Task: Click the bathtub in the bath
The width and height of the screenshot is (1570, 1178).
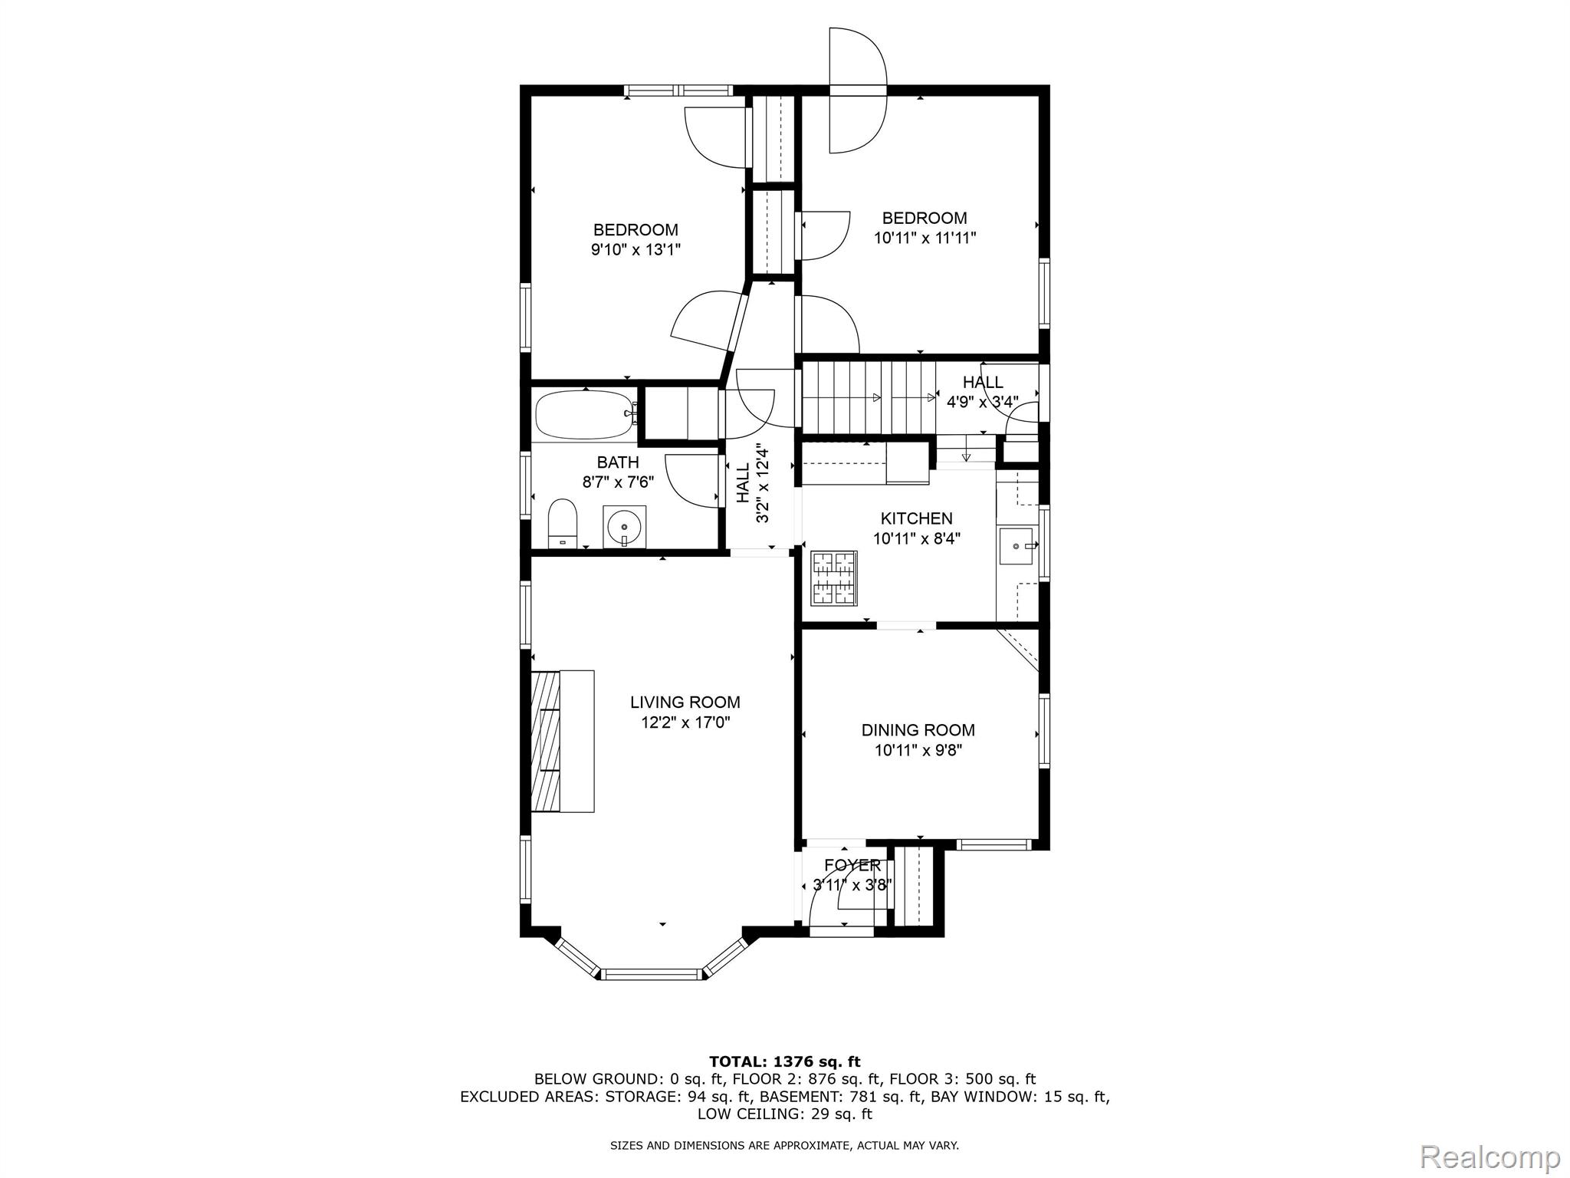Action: [x=584, y=415]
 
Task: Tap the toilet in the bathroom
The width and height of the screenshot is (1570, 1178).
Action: [x=563, y=522]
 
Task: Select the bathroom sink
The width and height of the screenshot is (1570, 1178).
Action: [x=624, y=527]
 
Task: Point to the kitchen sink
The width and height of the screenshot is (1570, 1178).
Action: [x=1016, y=546]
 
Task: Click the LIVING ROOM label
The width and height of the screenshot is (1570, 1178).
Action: [x=685, y=702]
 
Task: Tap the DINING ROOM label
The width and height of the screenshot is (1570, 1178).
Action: [x=918, y=730]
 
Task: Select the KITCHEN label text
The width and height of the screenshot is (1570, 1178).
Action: [x=916, y=518]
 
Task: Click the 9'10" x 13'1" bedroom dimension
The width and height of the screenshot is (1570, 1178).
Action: [x=636, y=249]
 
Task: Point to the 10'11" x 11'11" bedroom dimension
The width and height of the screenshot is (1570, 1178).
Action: [x=925, y=238]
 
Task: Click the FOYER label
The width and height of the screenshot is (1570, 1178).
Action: [x=852, y=865]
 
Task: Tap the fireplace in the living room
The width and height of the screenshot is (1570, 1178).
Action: [x=561, y=741]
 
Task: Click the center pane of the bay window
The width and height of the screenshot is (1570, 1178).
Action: [x=651, y=975]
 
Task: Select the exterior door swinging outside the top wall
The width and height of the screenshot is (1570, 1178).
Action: [x=857, y=90]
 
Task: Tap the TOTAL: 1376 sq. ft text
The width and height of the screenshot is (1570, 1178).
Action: [x=784, y=1061]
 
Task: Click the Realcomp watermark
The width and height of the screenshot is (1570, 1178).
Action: [x=1490, y=1156]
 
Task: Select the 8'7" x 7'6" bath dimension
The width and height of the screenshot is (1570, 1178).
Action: [x=618, y=482]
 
